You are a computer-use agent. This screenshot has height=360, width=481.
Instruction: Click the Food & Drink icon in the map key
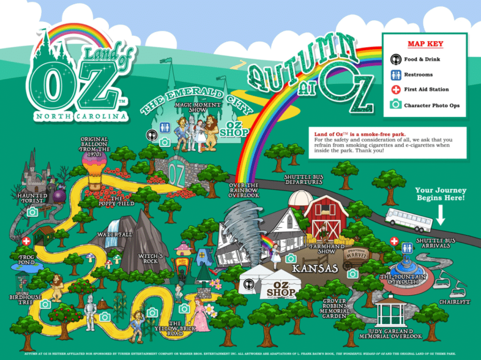[x=396, y=59]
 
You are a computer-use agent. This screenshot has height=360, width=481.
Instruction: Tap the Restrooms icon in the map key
[x=396, y=74]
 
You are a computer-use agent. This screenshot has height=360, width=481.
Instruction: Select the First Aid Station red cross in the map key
[x=396, y=89]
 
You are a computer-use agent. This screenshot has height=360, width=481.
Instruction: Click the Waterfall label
[x=114, y=234]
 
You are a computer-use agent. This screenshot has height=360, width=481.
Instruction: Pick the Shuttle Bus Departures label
[x=304, y=179]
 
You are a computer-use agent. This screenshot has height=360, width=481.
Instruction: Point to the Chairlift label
[x=455, y=302]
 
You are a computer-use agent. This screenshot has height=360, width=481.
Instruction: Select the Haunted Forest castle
[x=34, y=171]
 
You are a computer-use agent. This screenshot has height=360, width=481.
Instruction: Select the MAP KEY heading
[x=425, y=43]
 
